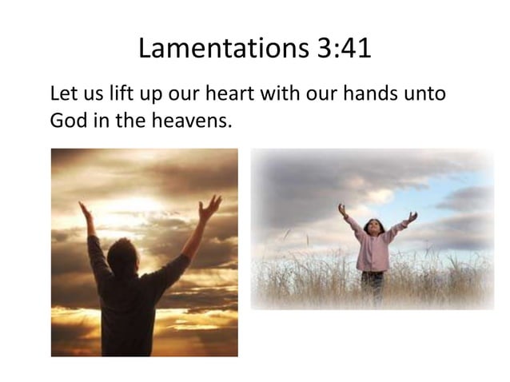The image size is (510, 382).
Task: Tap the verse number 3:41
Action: pos(338,50)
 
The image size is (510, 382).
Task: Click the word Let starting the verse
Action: pos(63,94)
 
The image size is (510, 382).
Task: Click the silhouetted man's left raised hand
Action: pos(85,211)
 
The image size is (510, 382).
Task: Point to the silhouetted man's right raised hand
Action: pos(210,207)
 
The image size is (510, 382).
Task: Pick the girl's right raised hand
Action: pos(412,216)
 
